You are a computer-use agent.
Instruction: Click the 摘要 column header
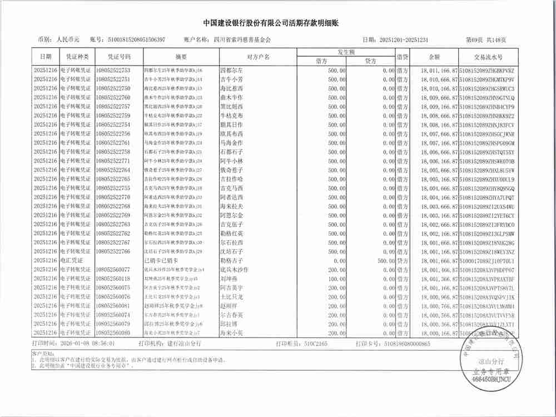coord(181,57)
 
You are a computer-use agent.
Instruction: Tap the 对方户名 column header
coord(258,57)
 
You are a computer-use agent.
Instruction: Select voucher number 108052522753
coord(113,71)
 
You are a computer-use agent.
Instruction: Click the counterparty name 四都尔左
coord(232,71)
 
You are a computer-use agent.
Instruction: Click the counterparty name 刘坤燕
coord(230,279)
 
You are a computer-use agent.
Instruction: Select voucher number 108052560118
coord(113,279)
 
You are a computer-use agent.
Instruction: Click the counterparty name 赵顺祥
coord(230,306)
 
